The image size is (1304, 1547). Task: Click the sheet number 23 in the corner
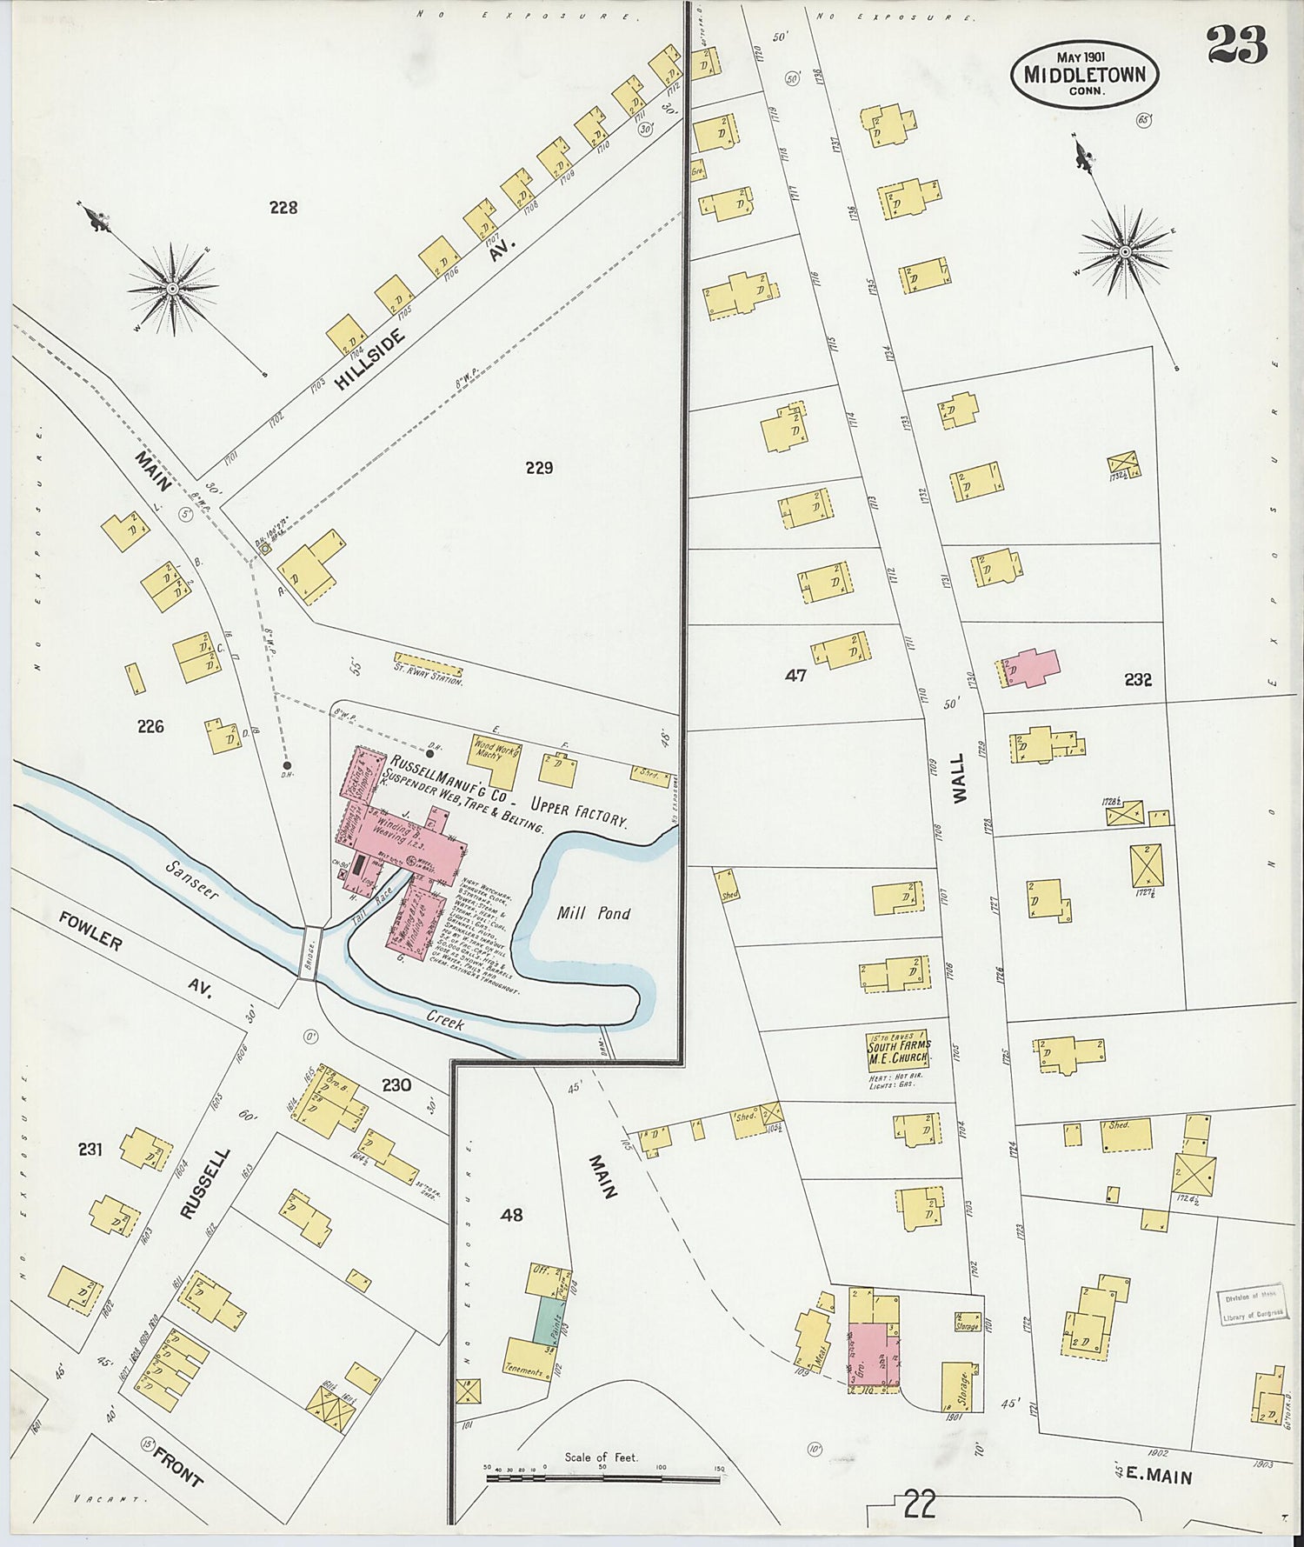pyautogui.click(x=1236, y=45)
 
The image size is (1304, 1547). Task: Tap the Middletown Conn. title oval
pyautogui.click(x=1084, y=75)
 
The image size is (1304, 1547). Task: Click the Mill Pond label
pyautogui.click(x=594, y=913)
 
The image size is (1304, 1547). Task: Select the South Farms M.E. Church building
pyautogui.click(x=898, y=1050)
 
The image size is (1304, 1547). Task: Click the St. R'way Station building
pyautogui.click(x=428, y=666)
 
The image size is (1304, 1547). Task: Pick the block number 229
pyautogui.click(x=539, y=468)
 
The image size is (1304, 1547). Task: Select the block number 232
pyautogui.click(x=1137, y=680)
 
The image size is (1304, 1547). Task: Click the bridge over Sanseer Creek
pyautogui.click(x=309, y=953)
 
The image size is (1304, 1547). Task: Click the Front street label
pyautogui.click(x=176, y=1464)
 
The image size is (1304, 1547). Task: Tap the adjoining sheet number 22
pyautogui.click(x=919, y=1503)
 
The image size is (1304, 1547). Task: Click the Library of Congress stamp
pyautogui.click(x=1252, y=1305)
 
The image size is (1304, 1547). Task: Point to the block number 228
pyautogui.click(x=283, y=207)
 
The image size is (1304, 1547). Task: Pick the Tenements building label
pyautogui.click(x=523, y=1370)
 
